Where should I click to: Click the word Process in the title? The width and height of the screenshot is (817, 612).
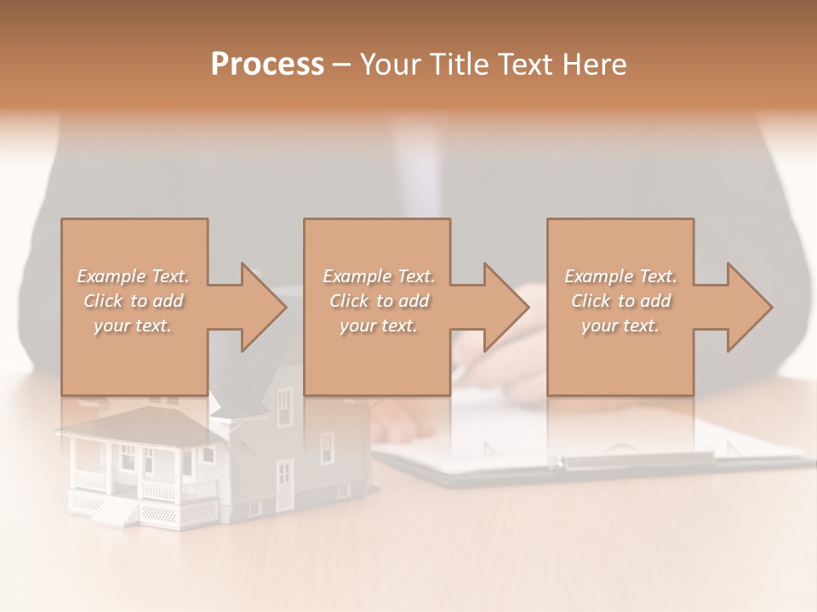tap(267, 65)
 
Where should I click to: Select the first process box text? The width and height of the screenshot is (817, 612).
tap(133, 301)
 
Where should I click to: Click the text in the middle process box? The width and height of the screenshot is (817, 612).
tap(378, 301)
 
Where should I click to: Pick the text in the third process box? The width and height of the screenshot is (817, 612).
tap(620, 301)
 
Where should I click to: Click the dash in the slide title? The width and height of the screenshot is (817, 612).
tap(341, 65)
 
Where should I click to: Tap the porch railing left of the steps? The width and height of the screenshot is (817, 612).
tap(90, 480)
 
